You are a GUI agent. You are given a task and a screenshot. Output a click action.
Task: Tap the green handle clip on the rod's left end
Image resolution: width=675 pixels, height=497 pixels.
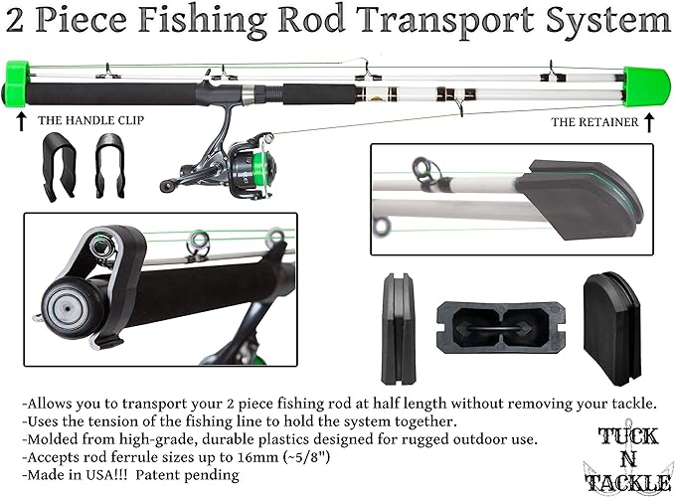[x=16, y=83]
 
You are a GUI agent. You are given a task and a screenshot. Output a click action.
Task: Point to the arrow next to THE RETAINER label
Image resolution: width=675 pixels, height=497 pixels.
[x=649, y=122]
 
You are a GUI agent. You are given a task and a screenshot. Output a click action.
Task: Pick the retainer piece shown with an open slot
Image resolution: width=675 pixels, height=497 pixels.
[x=498, y=327]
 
